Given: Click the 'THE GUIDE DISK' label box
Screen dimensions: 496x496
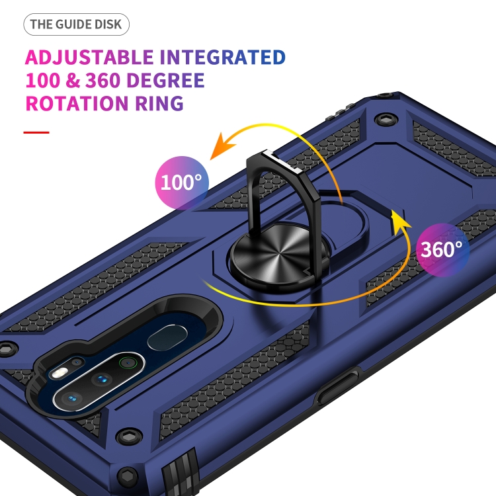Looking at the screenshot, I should pos(77,25).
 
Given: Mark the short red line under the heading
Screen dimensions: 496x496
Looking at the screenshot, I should pos(36,132).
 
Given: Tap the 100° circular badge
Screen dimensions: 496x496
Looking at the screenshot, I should pos(181,182).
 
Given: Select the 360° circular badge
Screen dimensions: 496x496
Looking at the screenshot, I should pos(442,249).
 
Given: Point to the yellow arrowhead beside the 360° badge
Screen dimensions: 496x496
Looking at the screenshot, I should pos(396,218).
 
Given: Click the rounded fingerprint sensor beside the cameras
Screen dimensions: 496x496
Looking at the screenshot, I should pos(163,340).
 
